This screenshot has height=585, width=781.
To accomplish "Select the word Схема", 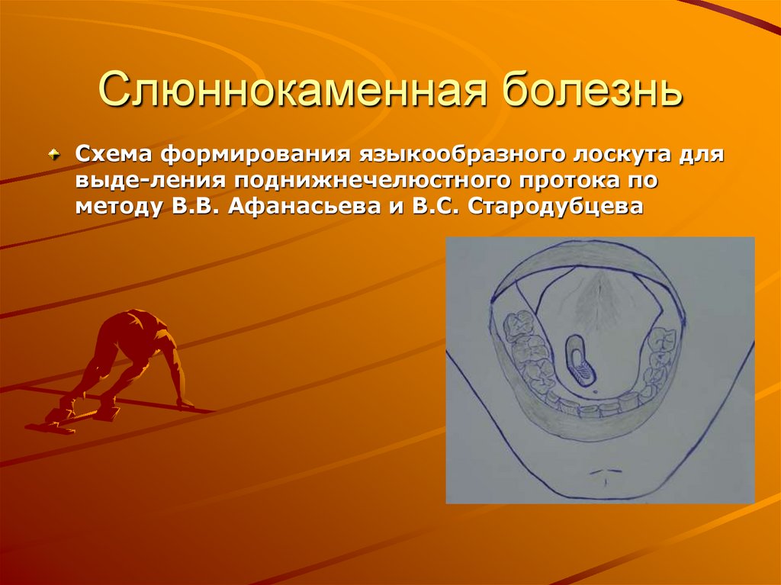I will [112, 156].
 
